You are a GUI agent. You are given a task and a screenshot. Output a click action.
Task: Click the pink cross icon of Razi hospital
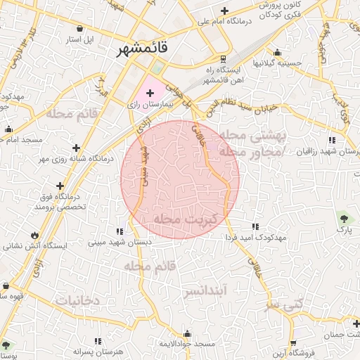150,92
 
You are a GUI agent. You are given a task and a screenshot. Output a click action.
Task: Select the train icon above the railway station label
223,58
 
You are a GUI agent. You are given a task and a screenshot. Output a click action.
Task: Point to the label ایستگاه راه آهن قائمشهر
222,75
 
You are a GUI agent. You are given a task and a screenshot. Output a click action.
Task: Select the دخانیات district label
71,300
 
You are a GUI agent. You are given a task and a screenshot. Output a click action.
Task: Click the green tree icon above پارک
343,217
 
